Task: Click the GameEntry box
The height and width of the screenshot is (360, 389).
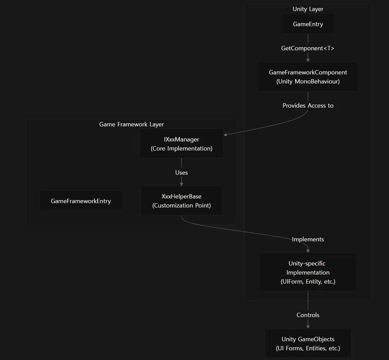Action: (x=308, y=24)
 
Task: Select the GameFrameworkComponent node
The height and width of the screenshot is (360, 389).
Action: (x=308, y=77)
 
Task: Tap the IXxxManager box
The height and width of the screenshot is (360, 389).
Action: (x=181, y=143)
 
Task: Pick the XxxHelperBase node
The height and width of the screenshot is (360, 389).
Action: (x=181, y=201)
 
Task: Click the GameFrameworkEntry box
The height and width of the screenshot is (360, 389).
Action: (x=81, y=201)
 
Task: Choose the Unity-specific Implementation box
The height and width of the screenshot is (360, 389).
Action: (x=308, y=272)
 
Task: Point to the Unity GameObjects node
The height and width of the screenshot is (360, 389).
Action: (x=308, y=343)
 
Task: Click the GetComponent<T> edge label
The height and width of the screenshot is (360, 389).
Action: (x=308, y=48)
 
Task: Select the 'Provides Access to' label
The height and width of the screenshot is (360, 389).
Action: (x=308, y=106)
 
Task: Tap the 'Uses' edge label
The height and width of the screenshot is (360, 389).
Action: (x=181, y=172)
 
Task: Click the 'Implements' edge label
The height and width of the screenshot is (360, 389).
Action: (x=308, y=239)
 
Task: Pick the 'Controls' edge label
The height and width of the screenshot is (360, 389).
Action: (x=308, y=315)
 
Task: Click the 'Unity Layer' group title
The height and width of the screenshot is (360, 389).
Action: (x=308, y=9)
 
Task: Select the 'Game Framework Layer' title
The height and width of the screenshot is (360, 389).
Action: (x=131, y=124)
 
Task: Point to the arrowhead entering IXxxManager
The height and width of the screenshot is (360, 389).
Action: (x=225, y=135)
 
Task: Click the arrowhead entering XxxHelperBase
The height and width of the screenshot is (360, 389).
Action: (x=181, y=184)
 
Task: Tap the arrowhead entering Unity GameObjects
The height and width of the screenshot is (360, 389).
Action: (x=308, y=327)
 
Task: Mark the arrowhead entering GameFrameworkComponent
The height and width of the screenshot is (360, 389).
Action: (x=308, y=60)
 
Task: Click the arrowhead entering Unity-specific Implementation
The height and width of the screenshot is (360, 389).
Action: (x=308, y=251)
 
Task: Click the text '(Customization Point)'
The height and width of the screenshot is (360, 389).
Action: (x=181, y=205)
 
